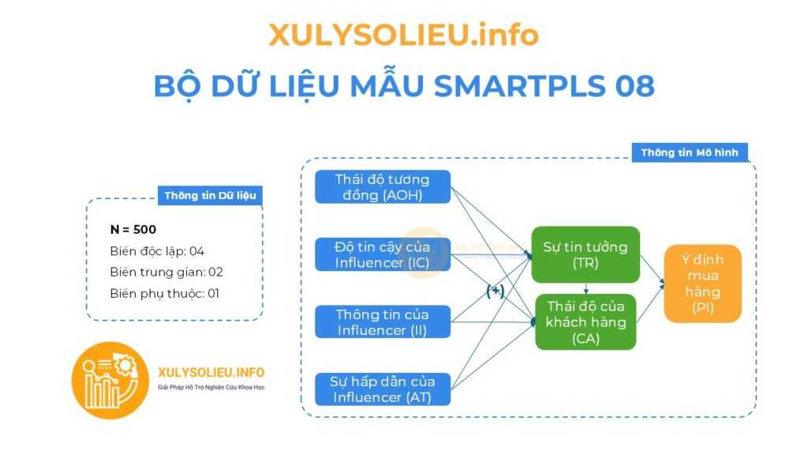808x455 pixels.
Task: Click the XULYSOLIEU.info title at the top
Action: [x=403, y=35]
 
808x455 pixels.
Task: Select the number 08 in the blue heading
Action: [x=634, y=85]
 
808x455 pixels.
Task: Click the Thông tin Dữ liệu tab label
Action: [x=210, y=196]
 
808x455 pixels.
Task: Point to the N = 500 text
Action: [x=133, y=230]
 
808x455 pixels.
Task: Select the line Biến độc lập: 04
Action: [x=157, y=251]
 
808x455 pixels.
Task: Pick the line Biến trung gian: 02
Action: [x=166, y=272]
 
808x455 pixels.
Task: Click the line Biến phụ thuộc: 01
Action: [x=164, y=294]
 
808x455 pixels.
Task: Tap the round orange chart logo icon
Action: [x=110, y=380]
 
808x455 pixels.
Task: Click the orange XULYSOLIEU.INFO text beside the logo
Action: [x=211, y=373]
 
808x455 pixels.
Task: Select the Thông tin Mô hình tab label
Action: [x=690, y=152]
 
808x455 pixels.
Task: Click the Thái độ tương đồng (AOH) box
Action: [x=383, y=186]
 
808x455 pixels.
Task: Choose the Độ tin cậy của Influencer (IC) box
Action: [x=383, y=254]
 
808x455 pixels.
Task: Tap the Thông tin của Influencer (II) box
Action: [x=383, y=322]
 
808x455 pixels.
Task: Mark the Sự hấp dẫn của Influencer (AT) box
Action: [x=383, y=389]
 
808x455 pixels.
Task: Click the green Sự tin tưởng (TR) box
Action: [x=585, y=254]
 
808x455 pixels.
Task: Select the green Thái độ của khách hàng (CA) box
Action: [x=585, y=322]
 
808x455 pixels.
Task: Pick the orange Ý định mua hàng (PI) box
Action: [x=702, y=284]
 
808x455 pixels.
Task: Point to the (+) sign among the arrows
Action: [x=496, y=291]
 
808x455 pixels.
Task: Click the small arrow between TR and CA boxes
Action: [x=586, y=288]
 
